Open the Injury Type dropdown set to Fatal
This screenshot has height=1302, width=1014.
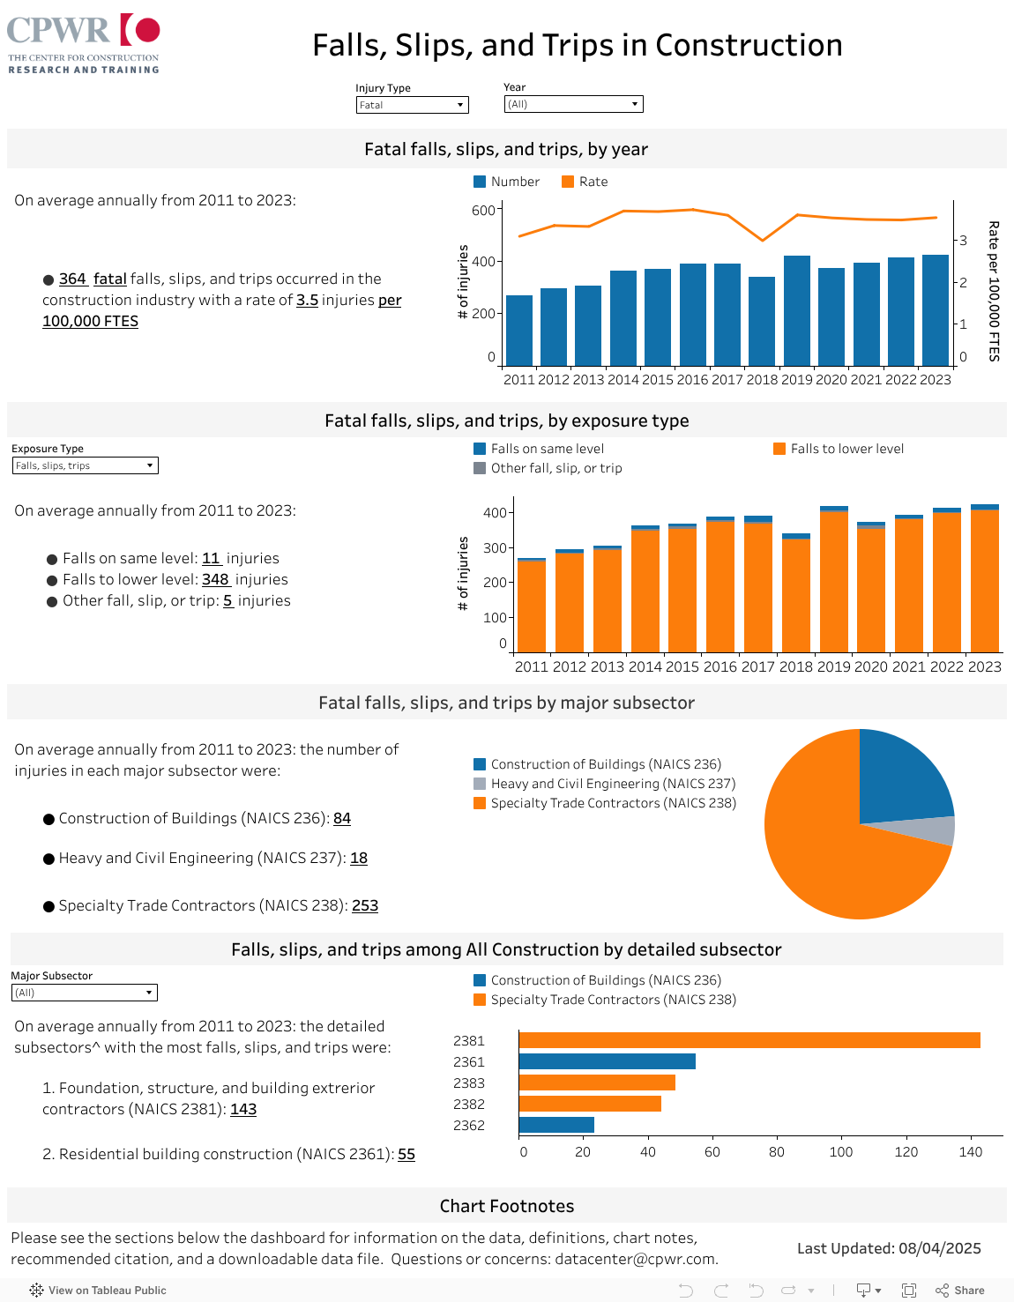412,105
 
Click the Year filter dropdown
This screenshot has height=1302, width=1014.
573,104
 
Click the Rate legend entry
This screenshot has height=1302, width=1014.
585,182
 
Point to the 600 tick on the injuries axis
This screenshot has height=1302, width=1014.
483,210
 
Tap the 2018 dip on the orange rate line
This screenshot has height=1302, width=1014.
763,240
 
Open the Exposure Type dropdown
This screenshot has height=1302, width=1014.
85,465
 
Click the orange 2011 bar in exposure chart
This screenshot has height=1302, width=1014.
531,606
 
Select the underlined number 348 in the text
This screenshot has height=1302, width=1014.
215,579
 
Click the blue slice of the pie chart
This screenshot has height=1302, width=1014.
899,776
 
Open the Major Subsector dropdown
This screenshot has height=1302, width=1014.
84,993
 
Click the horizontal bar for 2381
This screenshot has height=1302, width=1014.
749,1041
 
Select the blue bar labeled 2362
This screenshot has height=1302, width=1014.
556,1125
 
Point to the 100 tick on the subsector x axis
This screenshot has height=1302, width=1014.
841,1151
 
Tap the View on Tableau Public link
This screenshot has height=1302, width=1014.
98,1290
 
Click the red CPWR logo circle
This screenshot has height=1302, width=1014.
147,30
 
